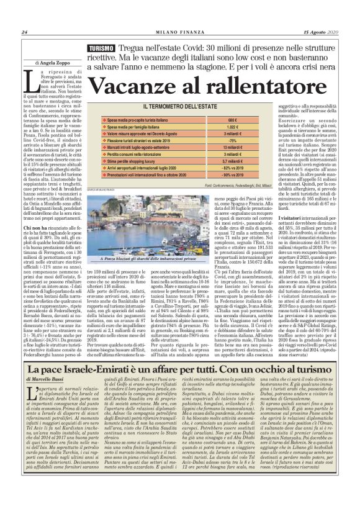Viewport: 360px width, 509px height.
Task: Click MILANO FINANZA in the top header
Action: click(176, 33)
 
